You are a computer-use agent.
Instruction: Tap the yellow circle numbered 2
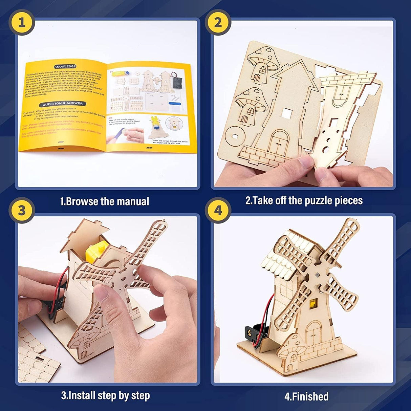(x=218, y=22)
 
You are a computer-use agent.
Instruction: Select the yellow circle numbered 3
(x=22, y=210)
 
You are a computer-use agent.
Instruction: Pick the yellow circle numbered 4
(x=218, y=210)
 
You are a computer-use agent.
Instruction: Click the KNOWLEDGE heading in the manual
(x=65, y=67)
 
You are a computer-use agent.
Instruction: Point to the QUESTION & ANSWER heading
(x=63, y=104)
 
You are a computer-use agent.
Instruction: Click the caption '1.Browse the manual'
(x=105, y=201)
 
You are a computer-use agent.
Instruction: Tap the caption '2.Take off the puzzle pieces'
(x=304, y=200)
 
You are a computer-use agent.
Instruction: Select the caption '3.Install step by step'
(x=105, y=395)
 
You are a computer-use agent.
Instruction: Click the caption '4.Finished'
(x=306, y=396)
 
